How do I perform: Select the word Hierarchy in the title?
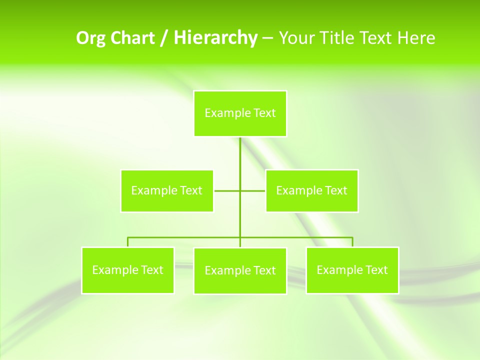(x=215, y=38)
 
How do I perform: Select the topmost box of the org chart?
(x=240, y=113)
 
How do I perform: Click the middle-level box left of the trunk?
(x=167, y=191)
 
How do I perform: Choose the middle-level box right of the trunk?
(x=311, y=191)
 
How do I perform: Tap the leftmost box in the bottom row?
(x=127, y=270)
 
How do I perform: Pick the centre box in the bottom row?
(x=240, y=271)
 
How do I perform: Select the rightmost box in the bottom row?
(x=352, y=270)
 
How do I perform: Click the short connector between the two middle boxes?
(x=227, y=191)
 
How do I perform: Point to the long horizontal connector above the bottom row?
(x=185, y=237)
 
